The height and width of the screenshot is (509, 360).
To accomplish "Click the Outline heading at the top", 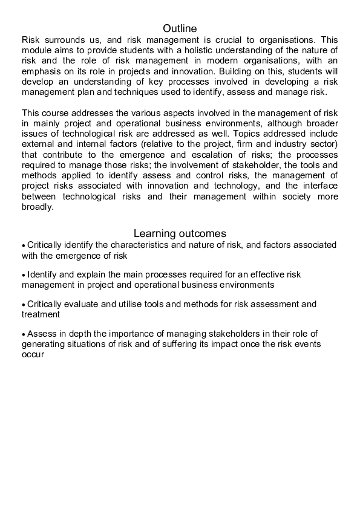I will [180, 28].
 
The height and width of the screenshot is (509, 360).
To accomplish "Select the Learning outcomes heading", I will [180, 233].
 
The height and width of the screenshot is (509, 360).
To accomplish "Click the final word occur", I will [33, 355].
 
